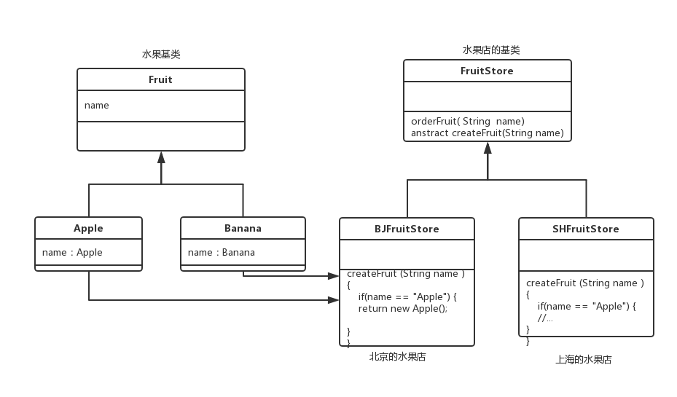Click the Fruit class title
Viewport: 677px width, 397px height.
pyautogui.click(x=160, y=79)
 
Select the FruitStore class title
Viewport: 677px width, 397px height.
pyautogui.click(x=487, y=71)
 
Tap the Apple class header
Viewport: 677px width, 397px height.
pyautogui.click(x=88, y=228)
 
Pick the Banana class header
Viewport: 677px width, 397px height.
pyautogui.click(x=243, y=228)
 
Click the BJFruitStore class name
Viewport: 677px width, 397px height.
pyautogui.click(x=407, y=229)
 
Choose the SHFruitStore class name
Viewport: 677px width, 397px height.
pyautogui.click(x=586, y=229)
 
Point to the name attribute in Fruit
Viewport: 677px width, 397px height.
pyautogui.click(x=97, y=106)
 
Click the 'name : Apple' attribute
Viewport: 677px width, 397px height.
pyautogui.click(x=72, y=253)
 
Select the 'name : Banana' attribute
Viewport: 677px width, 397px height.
pyautogui.click(x=222, y=253)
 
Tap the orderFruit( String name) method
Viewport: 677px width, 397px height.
pyautogui.click(x=467, y=121)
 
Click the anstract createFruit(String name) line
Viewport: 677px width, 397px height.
pyautogui.click(x=487, y=133)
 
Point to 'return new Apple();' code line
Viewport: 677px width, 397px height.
pyautogui.click(x=402, y=308)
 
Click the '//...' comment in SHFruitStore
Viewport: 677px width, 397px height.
pyautogui.click(x=546, y=318)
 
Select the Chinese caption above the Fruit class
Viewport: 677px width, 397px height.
pyautogui.click(x=160, y=55)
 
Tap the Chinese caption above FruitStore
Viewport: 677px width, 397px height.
pyautogui.click(x=491, y=50)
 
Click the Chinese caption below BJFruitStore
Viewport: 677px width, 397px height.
pyautogui.click(x=397, y=357)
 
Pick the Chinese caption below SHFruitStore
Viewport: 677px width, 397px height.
pyautogui.click(x=583, y=359)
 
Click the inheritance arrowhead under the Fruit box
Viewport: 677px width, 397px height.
pyautogui.click(x=161, y=157)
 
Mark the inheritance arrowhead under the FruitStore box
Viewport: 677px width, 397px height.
pyautogui.click(x=488, y=148)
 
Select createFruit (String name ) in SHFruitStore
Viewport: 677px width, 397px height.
pyautogui.click(x=584, y=283)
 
